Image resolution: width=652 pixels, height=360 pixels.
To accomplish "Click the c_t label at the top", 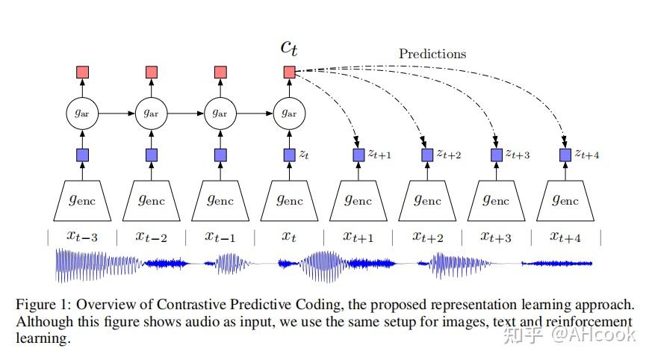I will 289,46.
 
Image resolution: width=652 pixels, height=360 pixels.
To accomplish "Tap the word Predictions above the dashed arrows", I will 432,54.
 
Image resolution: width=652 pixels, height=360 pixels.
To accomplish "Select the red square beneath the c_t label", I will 290,72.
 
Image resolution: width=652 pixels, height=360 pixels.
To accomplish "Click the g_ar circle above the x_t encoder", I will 290,114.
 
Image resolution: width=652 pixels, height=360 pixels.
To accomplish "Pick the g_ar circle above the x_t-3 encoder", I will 83,114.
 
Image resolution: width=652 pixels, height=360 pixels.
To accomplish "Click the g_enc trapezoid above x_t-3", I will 83,200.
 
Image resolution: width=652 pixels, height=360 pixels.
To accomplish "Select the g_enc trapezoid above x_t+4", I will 565,200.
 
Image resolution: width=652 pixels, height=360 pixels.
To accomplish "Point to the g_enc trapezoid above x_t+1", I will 358,200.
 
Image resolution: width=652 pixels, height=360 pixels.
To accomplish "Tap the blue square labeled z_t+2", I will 427,155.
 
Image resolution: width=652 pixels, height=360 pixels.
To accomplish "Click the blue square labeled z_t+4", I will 565,155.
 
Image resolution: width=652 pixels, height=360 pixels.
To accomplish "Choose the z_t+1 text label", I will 379,155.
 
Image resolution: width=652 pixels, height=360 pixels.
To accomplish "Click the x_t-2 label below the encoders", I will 151,237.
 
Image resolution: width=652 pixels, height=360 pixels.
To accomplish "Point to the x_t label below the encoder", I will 289,237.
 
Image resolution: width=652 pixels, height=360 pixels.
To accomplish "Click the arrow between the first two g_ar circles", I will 117,114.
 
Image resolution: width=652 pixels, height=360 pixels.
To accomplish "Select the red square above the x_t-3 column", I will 83,72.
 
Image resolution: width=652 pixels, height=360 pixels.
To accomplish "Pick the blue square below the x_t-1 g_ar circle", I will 220,155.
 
